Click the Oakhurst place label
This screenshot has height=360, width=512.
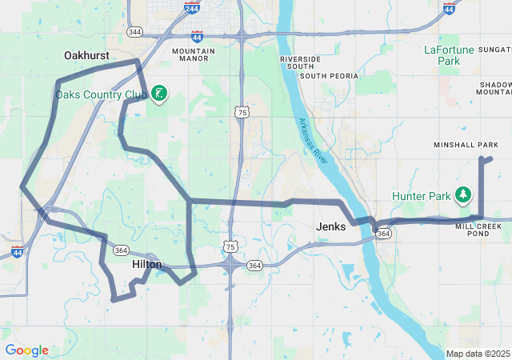pos(86,55)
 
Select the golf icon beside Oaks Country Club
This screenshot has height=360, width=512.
pos(159,94)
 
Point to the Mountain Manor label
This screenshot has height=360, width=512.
pos(194,55)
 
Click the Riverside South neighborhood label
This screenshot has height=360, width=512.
pos(301,63)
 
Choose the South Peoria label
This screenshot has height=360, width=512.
pos(329,76)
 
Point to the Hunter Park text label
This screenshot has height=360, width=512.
pos(422,195)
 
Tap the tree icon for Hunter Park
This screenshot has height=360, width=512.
pos(462,194)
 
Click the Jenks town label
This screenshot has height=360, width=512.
pos(331,226)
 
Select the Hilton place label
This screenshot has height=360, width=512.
pos(146,264)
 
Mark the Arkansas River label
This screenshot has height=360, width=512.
pos(314,138)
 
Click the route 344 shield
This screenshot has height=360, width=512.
pos(134,32)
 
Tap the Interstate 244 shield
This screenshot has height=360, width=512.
pos(192,9)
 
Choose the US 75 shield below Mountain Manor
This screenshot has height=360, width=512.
pos(242,114)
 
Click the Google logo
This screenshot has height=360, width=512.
pos(26,350)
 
